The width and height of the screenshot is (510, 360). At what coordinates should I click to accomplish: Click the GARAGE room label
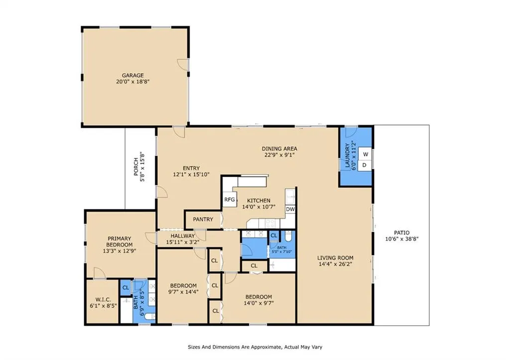132,76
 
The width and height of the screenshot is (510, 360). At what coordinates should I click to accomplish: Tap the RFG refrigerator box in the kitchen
230,200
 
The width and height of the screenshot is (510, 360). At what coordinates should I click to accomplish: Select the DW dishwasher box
290,209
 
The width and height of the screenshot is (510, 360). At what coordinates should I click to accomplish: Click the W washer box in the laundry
365,154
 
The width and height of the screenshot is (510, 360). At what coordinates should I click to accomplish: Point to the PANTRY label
203,220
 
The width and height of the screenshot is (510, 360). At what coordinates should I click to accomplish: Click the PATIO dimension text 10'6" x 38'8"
402,239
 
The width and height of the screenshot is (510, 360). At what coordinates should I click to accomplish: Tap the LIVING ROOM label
335,258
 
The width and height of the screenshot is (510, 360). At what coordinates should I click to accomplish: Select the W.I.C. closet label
103,300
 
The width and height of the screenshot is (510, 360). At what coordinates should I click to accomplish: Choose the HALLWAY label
183,236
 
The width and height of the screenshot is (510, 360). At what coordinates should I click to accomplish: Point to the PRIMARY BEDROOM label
120,241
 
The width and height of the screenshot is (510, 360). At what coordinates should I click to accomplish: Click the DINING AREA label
279,148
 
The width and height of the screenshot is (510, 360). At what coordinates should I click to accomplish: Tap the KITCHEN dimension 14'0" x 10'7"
259,207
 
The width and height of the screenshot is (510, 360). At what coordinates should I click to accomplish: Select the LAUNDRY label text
347,155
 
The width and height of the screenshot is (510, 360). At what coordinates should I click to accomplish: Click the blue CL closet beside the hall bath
274,236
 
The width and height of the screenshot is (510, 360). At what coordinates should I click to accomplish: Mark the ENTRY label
191,168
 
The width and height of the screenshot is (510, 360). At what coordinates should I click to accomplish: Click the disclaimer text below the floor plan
255,347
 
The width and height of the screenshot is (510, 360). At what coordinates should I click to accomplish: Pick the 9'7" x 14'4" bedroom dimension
183,292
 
